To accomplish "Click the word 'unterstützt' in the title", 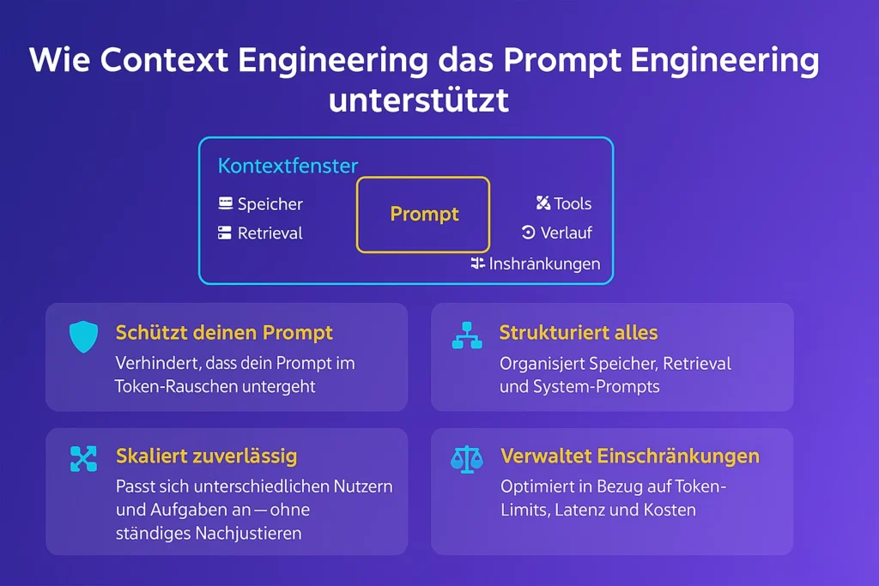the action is click(x=419, y=100).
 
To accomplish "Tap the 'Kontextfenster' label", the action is click(x=288, y=166).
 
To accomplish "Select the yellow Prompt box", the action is click(x=423, y=214).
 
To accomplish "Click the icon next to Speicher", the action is click(x=226, y=202).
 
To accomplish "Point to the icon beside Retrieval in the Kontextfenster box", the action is click(x=225, y=233).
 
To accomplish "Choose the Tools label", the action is click(x=573, y=203).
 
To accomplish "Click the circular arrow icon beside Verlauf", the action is click(x=528, y=232).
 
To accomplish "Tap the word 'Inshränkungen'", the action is click(x=544, y=264).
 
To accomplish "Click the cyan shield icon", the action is click(x=83, y=336).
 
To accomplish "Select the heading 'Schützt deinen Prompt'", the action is click(x=224, y=333).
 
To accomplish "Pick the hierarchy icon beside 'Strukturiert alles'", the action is click(x=467, y=335).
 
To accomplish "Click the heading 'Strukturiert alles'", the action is click(x=579, y=333).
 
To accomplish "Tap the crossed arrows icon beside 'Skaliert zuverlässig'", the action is click(x=83, y=459).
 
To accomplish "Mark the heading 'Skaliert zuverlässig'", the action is click(x=206, y=456).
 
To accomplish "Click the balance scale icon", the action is click(x=466, y=460).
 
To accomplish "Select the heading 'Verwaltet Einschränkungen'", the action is click(x=630, y=456).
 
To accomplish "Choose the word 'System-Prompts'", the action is click(x=597, y=387).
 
